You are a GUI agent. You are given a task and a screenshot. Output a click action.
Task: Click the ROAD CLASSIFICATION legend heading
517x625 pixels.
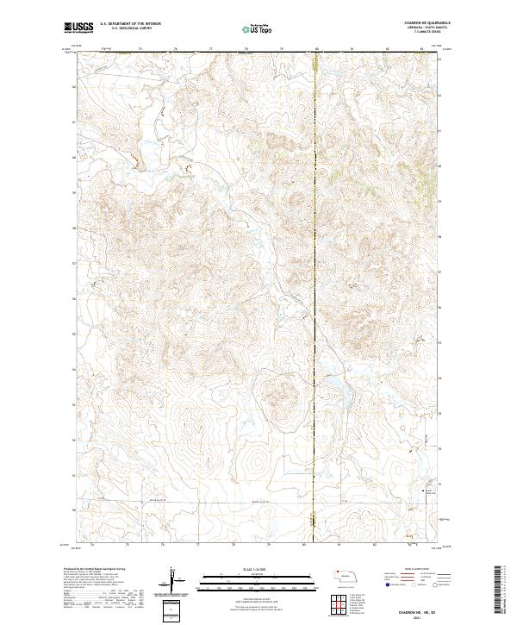pyautogui.click(x=409, y=570)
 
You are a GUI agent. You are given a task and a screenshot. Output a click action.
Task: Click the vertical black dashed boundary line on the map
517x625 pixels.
pyautogui.click(x=315, y=259)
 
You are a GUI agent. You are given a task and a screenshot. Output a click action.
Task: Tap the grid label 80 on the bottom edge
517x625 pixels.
pyautogui.click(x=303, y=545)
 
